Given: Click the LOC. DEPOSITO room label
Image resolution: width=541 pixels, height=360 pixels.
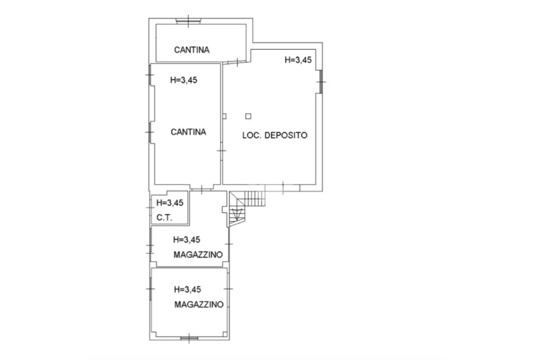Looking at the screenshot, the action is coord(274,135).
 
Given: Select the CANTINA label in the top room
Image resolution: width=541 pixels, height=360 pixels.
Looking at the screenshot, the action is coord(192,50).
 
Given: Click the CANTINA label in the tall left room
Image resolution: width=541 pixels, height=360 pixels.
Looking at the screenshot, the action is coord(188,132).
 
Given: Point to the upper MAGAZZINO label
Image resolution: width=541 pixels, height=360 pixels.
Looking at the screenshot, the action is coord(198,254).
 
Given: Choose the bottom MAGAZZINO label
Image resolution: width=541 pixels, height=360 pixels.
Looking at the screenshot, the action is coord(199,305).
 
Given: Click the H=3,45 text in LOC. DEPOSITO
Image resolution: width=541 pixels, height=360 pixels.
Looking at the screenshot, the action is coord(298,60).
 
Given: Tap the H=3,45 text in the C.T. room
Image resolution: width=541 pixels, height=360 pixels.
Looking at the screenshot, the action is coord(170,203).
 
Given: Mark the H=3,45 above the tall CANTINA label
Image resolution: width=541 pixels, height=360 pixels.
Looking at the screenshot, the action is coord(184,80).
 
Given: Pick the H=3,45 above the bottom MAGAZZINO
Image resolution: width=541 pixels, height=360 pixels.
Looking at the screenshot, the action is coord(188,289).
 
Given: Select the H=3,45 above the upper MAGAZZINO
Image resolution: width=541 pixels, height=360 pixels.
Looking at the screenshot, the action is coord(187,239).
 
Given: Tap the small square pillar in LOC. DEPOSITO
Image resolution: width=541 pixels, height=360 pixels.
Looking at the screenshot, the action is coord(248,116).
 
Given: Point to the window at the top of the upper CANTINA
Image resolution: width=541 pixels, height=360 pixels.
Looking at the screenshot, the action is coord(188,21).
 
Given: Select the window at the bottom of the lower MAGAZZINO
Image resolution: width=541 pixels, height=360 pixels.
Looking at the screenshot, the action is coord(189,338).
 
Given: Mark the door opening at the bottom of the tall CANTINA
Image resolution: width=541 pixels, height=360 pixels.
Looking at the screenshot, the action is coord(201,188).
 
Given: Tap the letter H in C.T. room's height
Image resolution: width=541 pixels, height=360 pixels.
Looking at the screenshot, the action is coord(159,203).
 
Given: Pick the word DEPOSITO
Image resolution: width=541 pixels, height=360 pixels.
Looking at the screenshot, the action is coord(286,135).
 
